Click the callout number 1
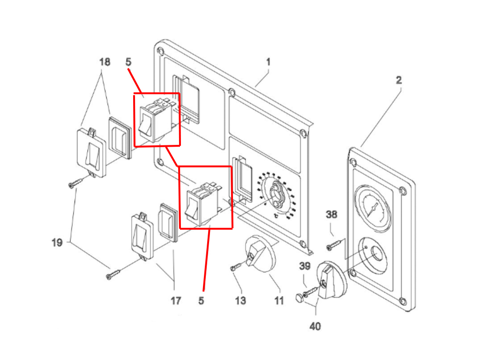[x=268, y=62]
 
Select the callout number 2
[x=398, y=80]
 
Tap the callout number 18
[x=105, y=62]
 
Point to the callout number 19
[x=57, y=243]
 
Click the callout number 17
[x=175, y=301]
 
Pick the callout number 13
[x=240, y=301]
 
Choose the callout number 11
[x=279, y=301]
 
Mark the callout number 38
[x=331, y=215]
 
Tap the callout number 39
[x=305, y=266]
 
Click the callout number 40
[x=315, y=326]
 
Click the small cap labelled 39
[x=298, y=297]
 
